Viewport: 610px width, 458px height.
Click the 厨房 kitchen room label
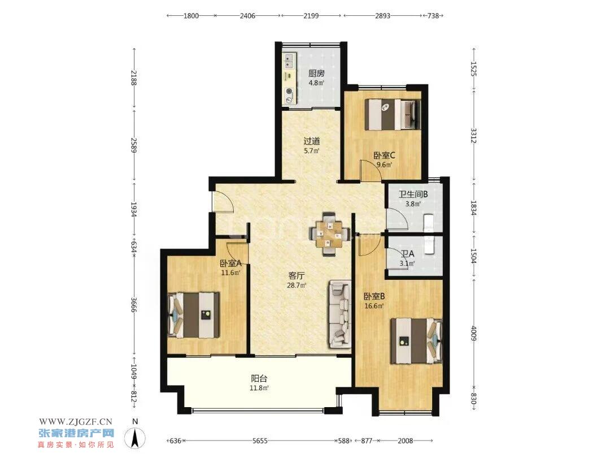click(316, 73)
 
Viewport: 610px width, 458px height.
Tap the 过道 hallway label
click(312, 141)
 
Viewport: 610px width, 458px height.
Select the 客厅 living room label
click(297, 276)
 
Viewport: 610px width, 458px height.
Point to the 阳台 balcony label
click(259, 378)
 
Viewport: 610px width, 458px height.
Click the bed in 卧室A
click(194, 316)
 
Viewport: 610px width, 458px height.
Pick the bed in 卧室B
click(417, 341)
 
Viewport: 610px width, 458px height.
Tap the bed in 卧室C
click(393, 114)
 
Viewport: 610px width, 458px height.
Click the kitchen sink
click(289, 61)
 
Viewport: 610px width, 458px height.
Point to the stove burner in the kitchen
click(289, 92)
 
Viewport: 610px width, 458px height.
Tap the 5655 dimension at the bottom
click(260, 441)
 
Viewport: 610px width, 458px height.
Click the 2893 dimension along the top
click(382, 16)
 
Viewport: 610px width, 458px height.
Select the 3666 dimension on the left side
click(134, 305)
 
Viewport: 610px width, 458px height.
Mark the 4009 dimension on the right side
click(474, 334)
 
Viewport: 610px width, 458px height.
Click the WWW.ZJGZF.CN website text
click(76, 421)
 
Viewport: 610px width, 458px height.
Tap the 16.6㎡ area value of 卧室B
click(374, 306)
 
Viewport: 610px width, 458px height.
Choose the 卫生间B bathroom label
click(413, 194)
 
